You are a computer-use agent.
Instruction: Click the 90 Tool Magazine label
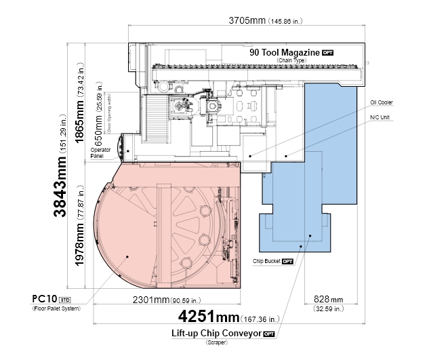285,52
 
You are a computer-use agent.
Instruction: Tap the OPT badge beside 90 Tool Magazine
327,53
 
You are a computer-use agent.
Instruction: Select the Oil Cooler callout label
382,102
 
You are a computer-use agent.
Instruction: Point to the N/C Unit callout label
380,117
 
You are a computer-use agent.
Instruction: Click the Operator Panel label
100,153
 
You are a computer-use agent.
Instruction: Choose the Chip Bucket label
266,261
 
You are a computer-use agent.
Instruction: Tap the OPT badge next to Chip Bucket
287,262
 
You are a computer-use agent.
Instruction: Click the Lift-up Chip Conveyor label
216,333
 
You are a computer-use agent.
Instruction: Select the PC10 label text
45,299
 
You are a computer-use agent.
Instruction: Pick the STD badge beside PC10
65,300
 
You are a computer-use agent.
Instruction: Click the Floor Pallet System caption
57,308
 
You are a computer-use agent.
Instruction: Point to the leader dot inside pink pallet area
127,256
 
